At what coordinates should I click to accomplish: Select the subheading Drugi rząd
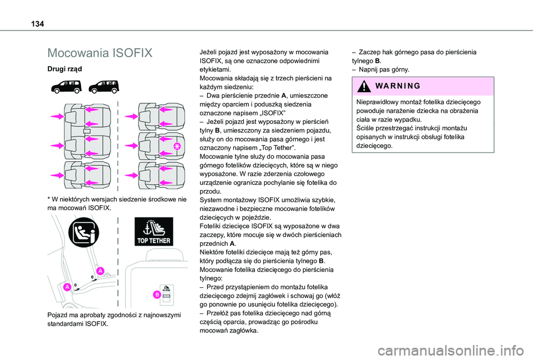65,69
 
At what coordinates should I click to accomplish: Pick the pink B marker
158,294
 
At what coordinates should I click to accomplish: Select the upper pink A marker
100,271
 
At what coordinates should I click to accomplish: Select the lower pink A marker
67,287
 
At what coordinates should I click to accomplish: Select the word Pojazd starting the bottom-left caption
59,315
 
